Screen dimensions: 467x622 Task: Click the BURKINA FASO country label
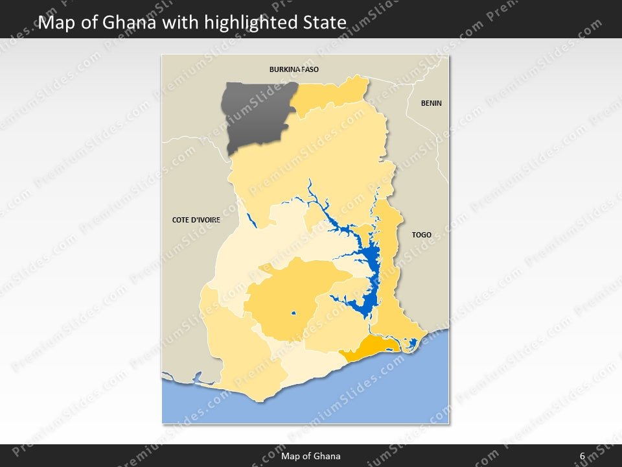coord(294,69)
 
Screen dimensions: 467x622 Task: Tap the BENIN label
coord(431,103)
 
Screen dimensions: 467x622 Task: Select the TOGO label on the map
coord(421,235)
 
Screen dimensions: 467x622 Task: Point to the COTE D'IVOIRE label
coord(196,220)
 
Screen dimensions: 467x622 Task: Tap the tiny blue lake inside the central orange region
coord(293,314)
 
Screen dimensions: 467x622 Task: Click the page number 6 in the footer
coord(582,456)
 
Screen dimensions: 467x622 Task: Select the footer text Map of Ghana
coord(310,456)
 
